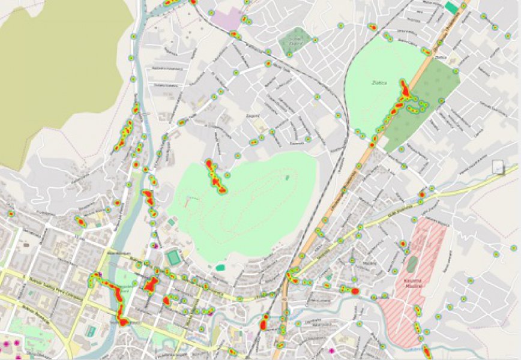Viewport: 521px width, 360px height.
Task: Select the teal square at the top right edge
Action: pos(451,7)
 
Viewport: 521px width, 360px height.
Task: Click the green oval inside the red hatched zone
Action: pos(412,262)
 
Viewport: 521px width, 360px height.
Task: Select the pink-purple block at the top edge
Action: pos(227,18)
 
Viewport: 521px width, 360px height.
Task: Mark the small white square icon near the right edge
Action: pos(498,167)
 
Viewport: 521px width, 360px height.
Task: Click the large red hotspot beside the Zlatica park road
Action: pos(405,90)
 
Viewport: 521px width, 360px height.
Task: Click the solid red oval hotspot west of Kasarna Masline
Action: pos(354,290)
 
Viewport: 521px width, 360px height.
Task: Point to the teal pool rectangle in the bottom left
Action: pos(90,331)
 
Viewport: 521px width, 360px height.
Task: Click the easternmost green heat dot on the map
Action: pos(513,247)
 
